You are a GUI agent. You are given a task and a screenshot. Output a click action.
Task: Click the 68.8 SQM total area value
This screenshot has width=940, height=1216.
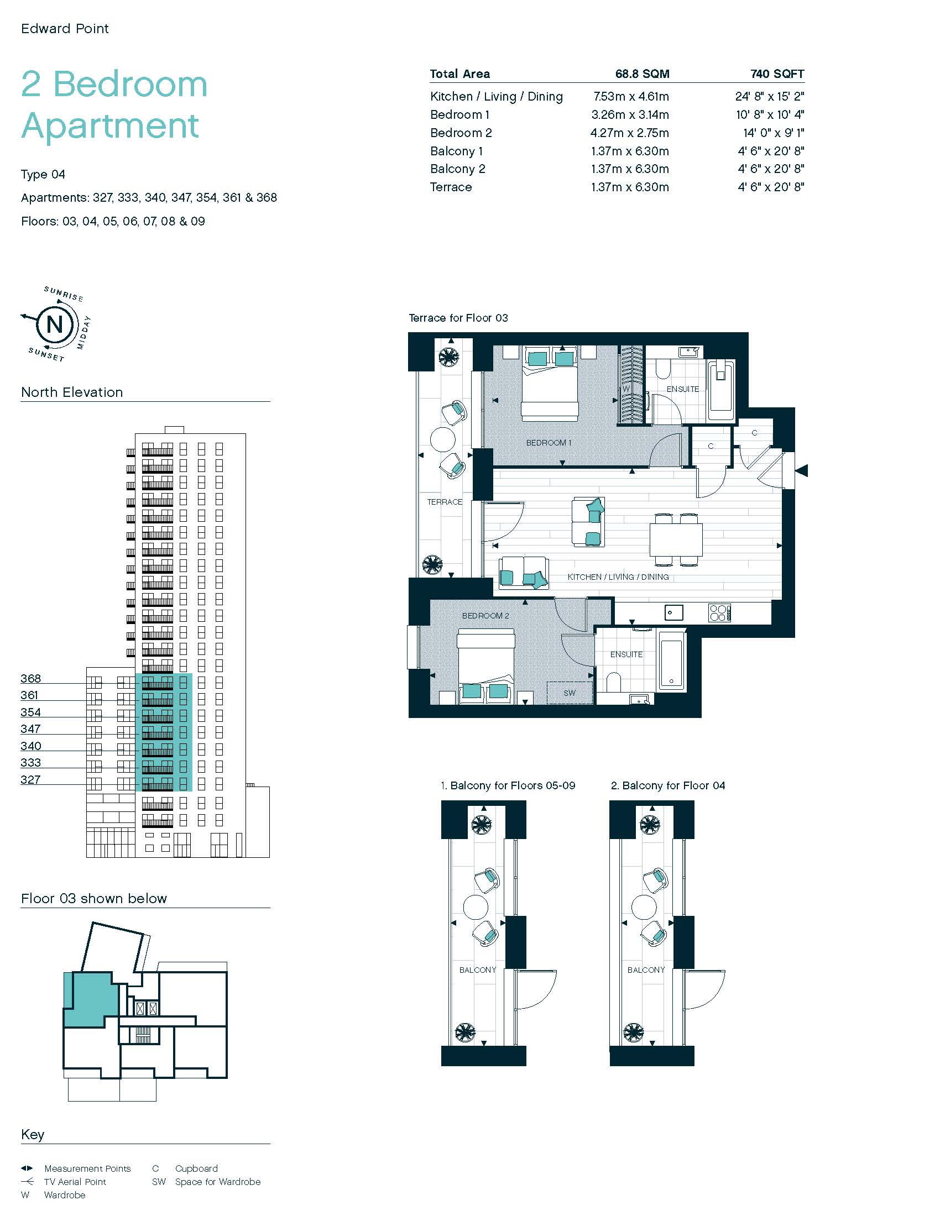pyautogui.click(x=642, y=74)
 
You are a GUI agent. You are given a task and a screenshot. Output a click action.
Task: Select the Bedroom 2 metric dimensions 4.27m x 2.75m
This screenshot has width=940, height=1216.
pyautogui.click(x=630, y=133)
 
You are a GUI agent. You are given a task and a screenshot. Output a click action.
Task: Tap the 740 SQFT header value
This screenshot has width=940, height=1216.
pyautogui.click(x=777, y=74)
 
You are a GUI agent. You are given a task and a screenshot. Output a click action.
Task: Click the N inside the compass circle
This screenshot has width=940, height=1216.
pyautogui.click(x=55, y=324)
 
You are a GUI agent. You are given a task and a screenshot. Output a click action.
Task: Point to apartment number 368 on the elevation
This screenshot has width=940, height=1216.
pyautogui.click(x=30, y=678)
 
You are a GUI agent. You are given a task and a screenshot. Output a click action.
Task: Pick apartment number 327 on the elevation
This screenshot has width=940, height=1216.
pyautogui.click(x=30, y=779)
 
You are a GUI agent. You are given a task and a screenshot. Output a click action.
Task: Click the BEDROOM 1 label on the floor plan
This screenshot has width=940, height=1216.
pyautogui.click(x=549, y=443)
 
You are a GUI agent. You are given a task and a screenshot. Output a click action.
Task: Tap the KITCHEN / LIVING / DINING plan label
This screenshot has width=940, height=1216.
pyautogui.click(x=618, y=577)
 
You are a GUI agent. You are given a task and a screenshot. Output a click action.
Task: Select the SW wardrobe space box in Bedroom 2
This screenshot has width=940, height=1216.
pyautogui.click(x=570, y=693)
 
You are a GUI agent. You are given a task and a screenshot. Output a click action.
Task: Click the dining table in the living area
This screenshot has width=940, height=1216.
pyautogui.click(x=676, y=539)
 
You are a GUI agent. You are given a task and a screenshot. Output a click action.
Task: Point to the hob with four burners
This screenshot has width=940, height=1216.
pyautogui.click(x=719, y=613)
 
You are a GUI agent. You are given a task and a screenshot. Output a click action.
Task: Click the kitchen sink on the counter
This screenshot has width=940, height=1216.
pyautogui.click(x=674, y=613)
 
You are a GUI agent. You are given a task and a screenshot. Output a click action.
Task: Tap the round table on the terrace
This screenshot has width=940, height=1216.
pyautogui.click(x=443, y=439)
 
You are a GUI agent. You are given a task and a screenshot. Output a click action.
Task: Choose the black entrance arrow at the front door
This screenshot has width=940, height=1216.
pyautogui.click(x=801, y=470)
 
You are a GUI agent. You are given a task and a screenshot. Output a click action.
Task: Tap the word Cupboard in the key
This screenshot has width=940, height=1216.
pyautogui.click(x=197, y=1168)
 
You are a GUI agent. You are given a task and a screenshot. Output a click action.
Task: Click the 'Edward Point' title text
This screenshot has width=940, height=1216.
pyautogui.click(x=65, y=28)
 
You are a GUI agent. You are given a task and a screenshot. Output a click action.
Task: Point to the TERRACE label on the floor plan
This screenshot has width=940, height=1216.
pyautogui.click(x=445, y=502)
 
